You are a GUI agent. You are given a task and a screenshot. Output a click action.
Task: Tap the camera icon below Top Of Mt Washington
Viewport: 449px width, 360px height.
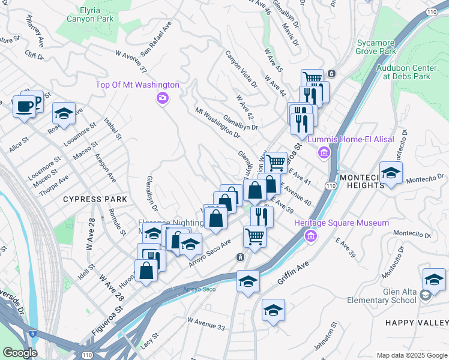click(161, 98)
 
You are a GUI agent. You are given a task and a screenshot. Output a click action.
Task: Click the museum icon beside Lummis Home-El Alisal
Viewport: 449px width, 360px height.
click(325, 153)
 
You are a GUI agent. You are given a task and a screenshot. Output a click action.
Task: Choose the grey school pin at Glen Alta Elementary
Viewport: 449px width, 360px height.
click(425, 295)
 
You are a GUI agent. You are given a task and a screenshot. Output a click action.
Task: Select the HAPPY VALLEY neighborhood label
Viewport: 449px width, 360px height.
click(417, 323)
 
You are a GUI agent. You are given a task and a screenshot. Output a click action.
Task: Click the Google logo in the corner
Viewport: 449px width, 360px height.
click(20, 352)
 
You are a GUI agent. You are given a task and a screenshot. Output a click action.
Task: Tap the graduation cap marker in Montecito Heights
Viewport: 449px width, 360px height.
click(391, 174)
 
